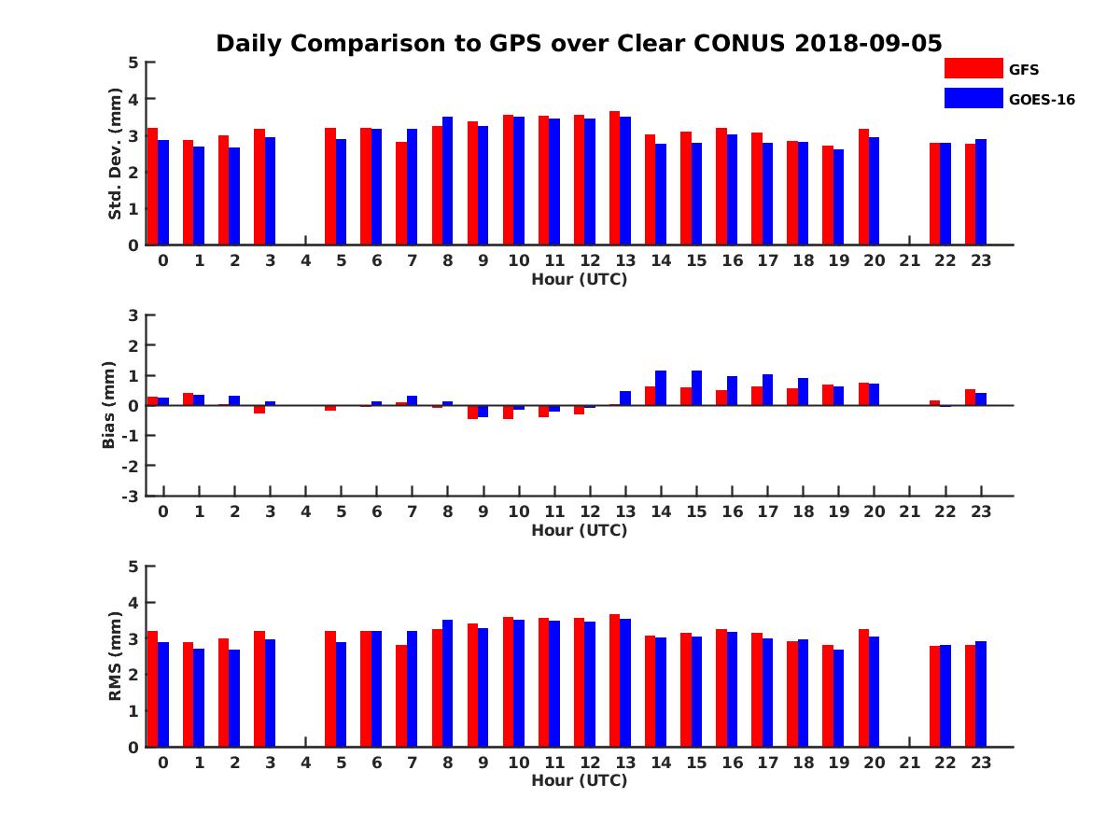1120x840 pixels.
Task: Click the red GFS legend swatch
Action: coord(973,68)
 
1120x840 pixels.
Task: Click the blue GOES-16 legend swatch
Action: coord(973,98)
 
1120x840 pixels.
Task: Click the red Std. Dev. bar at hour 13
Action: coord(614,178)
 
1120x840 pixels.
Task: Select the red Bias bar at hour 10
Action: coord(508,413)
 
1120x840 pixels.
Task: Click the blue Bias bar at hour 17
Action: coord(767,390)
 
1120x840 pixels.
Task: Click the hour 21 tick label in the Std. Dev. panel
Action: coord(910,260)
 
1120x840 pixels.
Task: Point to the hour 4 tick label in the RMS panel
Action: coord(305,763)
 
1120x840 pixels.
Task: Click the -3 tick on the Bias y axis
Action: coord(132,496)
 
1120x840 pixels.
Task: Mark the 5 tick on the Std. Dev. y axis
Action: coord(133,63)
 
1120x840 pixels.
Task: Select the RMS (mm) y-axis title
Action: coord(115,656)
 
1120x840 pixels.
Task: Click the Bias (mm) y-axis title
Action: coord(109,405)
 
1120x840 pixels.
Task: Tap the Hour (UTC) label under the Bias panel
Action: coord(579,530)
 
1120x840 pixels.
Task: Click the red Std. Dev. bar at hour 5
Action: coord(330,187)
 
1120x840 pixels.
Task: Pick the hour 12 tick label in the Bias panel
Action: coord(590,511)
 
